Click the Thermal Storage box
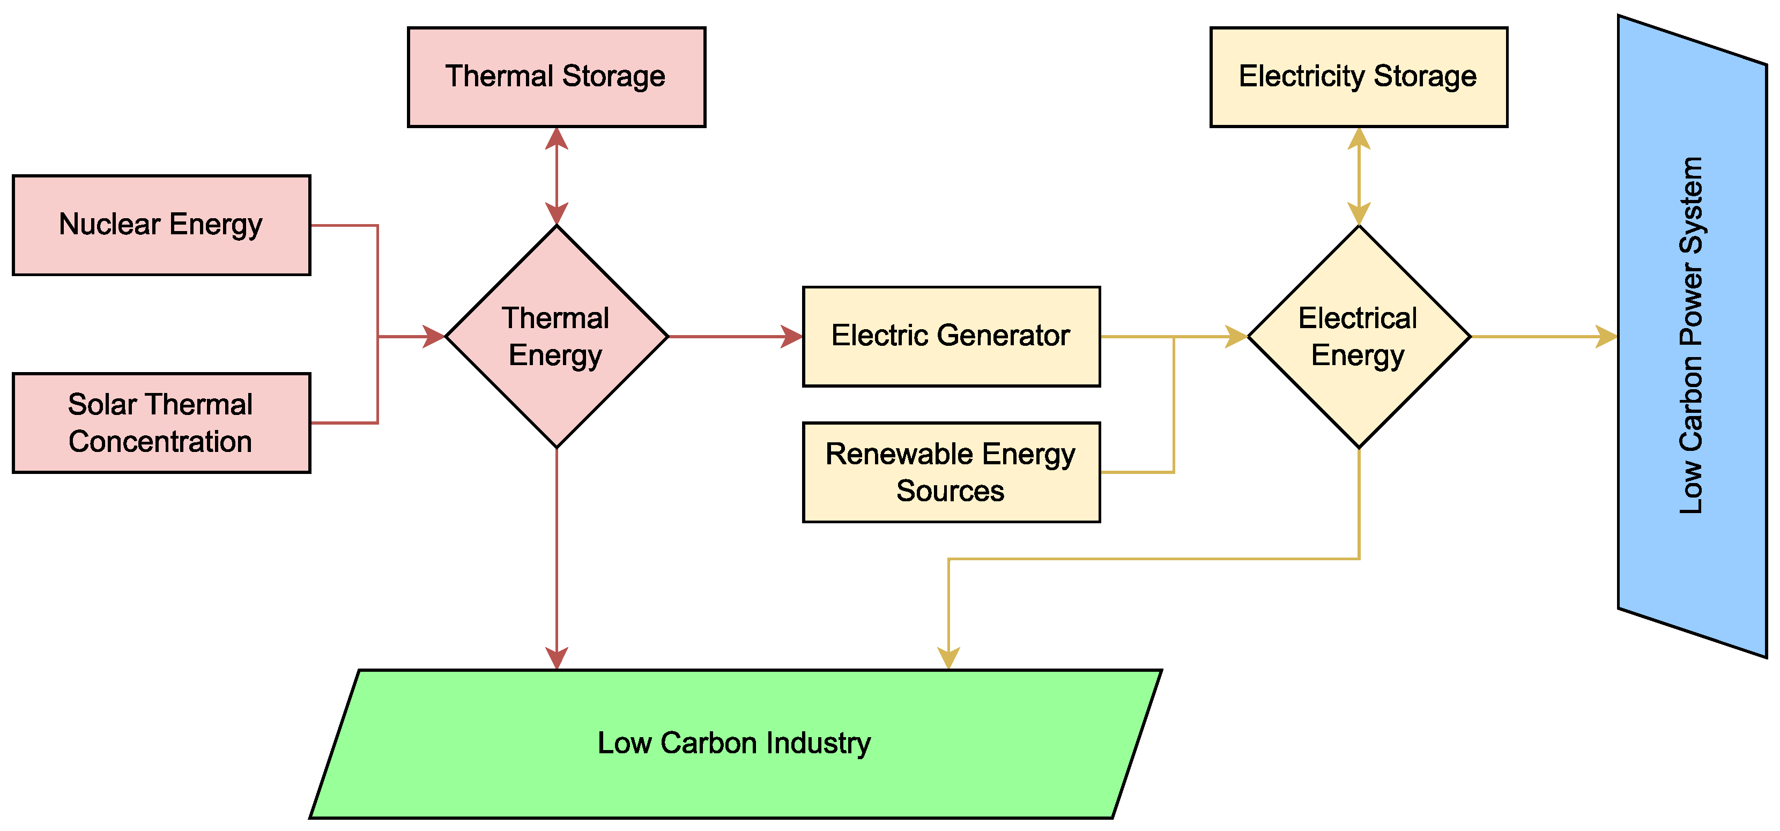pyautogui.click(x=557, y=77)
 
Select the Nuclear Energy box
pyautogui.click(x=161, y=225)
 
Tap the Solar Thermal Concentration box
pyautogui.click(x=161, y=423)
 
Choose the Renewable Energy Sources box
pyautogui.click(x=951, y=472)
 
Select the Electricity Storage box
pyautogui.click(x=1359, y=77)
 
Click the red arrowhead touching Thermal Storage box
pyautogui.click(x=557, y=138)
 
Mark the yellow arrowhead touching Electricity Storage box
pyautogui.click(x=1359, y=138)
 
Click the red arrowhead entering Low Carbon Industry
pyautogui.click(x=557, y=658)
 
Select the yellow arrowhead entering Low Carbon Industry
pyautogui.click(x=949, y=658)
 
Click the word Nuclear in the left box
pyautogui.click(x=110, y=225)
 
